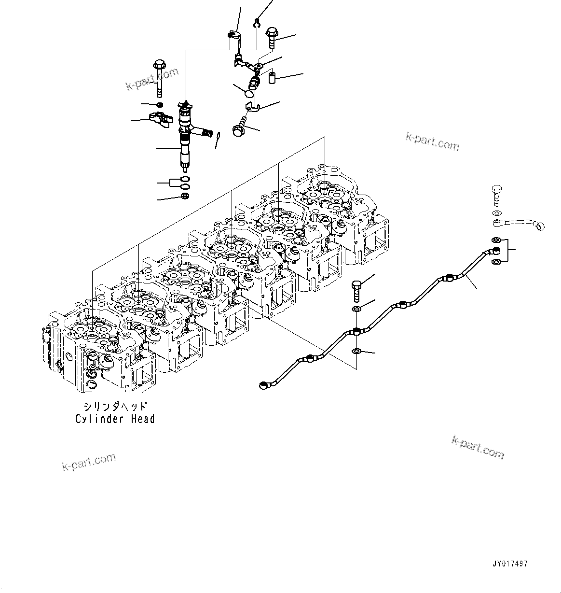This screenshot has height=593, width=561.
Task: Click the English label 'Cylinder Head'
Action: coord(115,419)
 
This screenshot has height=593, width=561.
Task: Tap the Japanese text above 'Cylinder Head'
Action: coord(115,407)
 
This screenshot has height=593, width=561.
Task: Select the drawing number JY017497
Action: coord(510,564)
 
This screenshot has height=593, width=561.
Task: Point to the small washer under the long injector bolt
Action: coord(159,105)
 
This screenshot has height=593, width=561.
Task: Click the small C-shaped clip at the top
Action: coord(258,22)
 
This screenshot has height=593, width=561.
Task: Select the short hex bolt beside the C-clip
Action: coord(272,39)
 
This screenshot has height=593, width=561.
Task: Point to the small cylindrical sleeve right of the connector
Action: coord(272,77)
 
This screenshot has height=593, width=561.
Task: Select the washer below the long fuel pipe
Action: coord(356,351)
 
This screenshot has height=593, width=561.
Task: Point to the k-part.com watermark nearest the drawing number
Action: coord(478,447)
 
